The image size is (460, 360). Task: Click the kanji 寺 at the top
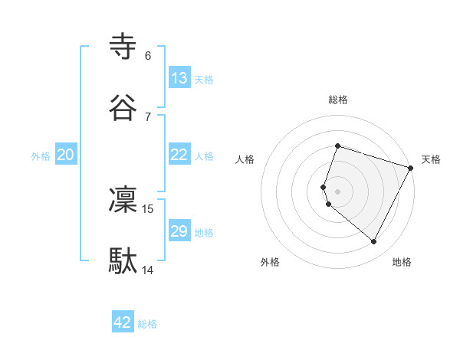pos(123,48)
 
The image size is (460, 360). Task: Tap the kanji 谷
pos(123,108)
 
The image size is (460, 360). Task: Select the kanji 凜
pos(123,200)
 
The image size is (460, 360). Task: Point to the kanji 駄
pos(123,260)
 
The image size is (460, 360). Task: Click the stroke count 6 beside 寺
pos(148,56)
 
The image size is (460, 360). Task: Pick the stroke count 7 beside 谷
pos(148,116)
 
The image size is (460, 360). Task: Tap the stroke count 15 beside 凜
pos(148,208)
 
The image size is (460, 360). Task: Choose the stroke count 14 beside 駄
pos(148,270)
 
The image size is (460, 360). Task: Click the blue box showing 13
pos(179,78)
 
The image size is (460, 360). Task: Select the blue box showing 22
pos(179,155)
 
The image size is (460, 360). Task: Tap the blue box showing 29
pos(179,231)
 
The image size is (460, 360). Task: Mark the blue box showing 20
pos(66,155)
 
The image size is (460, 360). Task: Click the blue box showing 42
pos(123,322)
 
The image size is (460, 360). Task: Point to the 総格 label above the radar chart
pos(338,100)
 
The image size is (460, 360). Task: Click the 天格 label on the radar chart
pos(431,159)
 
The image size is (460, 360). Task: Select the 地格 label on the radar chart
pos(402,262)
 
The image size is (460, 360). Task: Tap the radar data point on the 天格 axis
pos(411,167)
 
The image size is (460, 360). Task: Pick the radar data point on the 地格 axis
pos(373,242)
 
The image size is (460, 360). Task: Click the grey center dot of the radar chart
pos(338,191)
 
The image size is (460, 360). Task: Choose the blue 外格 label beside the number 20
pos(41,155)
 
